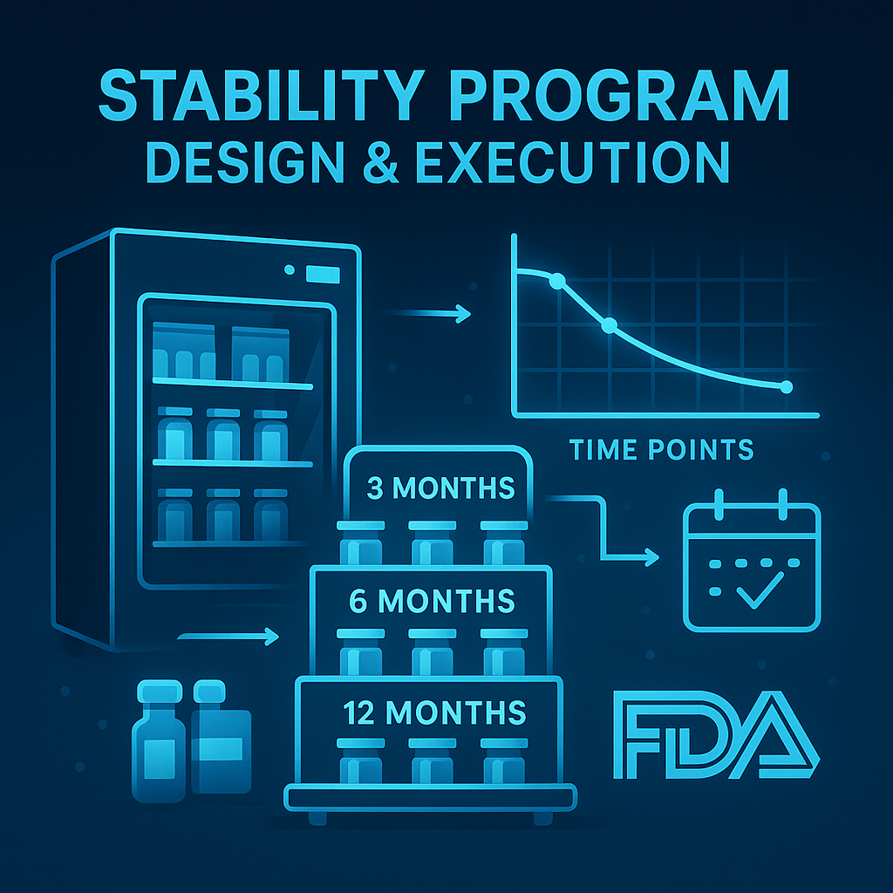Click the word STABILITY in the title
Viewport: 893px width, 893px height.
(x=262, y=95)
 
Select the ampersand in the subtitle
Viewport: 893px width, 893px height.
(x=380, y=161)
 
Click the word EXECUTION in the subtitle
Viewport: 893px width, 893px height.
(x=572, y=161)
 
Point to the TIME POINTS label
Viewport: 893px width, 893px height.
(x=661, y=450)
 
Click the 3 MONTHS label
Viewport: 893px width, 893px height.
(x=440, y=488)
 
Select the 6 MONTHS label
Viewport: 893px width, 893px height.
(x=432, y=601)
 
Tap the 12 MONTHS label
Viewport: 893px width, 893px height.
(x=434, y=712)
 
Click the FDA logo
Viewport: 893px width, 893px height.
(x=717, y=734)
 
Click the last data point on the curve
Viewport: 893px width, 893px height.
(x=787, y=387)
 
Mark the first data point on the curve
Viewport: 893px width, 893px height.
(x=557, y=281)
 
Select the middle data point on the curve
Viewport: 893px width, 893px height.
(x=610, y=325)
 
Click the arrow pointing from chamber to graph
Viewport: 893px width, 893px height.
(x=427, y=313)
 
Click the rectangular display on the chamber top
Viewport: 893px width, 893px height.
(x=323, y=275)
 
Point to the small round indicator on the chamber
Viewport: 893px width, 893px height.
(x=290, y=269)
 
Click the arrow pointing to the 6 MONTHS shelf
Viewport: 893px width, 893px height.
(x=228, y=636)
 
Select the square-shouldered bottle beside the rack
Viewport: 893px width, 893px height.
(x=221, y=736)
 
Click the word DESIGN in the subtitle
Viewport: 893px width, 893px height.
(x=246, y=161)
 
